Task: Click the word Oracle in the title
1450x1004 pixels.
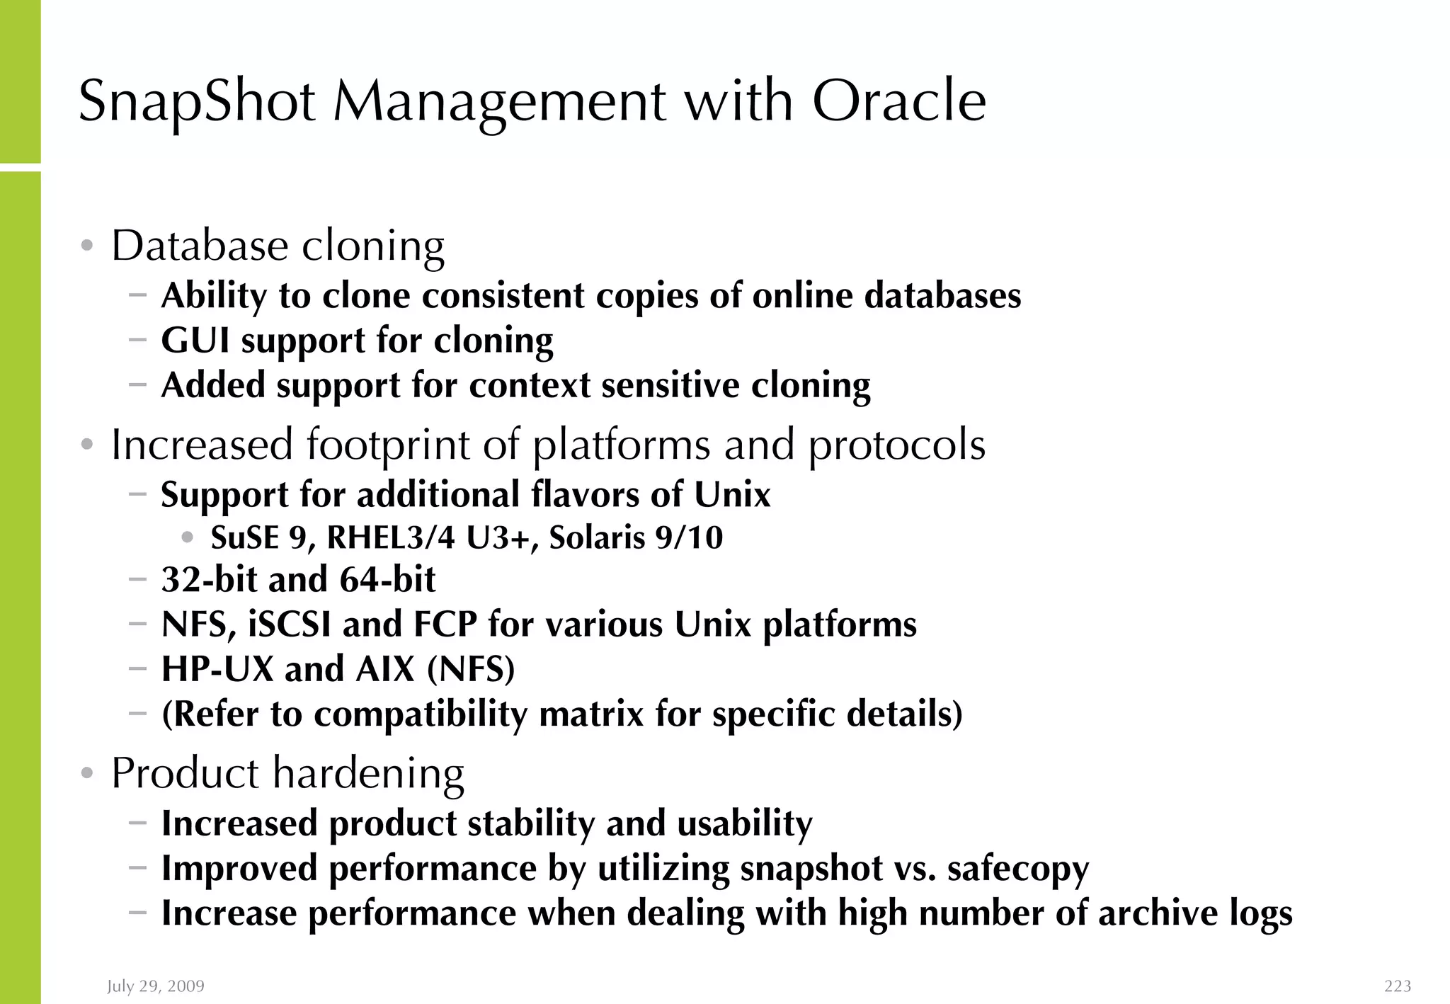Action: pos(898,101)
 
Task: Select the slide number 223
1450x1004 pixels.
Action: pos(1398,986)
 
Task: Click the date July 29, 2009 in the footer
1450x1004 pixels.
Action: pos(156,986)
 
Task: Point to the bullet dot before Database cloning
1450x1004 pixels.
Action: pos(87,246)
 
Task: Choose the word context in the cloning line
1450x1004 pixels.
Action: pos(530,386)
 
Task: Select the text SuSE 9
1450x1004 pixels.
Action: pos(258,537)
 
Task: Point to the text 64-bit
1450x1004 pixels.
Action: pos(387,579)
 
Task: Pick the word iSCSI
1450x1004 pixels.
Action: pos(289,624)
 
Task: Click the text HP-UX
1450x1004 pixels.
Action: pos(217,669)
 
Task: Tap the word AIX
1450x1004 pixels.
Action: pos(384,669)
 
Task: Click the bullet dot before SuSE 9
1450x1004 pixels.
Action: pos(187,537)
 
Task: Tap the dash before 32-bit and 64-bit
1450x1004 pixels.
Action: pos(138,579)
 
